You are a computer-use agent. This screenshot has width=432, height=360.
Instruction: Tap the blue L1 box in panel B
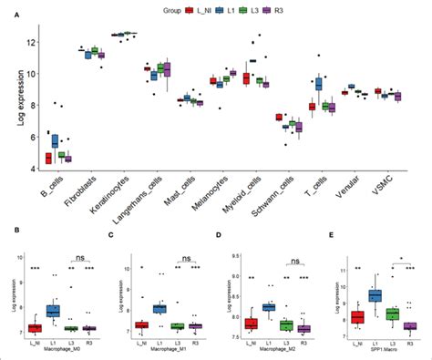53,311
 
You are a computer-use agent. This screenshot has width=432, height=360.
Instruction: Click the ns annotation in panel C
188,259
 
